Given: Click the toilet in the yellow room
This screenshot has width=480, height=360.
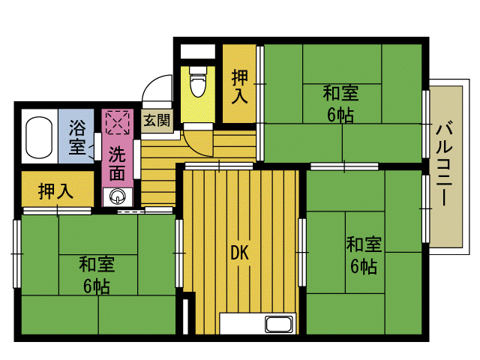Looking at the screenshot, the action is click(198, 81).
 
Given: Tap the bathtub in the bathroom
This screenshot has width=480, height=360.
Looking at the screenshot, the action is click(39, 137).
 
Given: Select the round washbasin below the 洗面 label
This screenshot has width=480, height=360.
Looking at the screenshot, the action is click(118, 196).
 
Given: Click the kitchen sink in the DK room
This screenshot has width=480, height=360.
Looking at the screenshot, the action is click(278, 324).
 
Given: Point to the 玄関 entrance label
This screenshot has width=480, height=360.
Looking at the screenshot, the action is click(157, 120).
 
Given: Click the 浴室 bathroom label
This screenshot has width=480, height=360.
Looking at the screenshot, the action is click(76, 136).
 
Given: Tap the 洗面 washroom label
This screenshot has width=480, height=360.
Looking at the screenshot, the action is click(117, 163).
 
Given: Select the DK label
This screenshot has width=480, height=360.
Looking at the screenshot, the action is click(240, 253).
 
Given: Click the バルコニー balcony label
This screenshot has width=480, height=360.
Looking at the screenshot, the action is click(444, 163).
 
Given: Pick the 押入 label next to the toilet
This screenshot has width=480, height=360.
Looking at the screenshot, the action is click(239, 87).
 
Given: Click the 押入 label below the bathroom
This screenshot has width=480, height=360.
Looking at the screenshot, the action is click(55, 191).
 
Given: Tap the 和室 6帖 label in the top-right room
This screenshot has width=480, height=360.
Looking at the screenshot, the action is click(340, 104).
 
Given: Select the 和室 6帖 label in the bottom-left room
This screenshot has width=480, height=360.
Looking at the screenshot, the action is click(97, 275).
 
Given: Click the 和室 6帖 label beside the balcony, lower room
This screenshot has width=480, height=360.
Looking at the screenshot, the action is click(364, 255).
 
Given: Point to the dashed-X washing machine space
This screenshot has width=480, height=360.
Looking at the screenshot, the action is click(118, 122).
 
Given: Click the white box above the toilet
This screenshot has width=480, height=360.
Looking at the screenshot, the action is click(198, 52).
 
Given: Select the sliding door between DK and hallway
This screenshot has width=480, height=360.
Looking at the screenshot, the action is click(219, 166).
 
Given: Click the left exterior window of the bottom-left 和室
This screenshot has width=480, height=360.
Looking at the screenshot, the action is click(16, 253).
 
